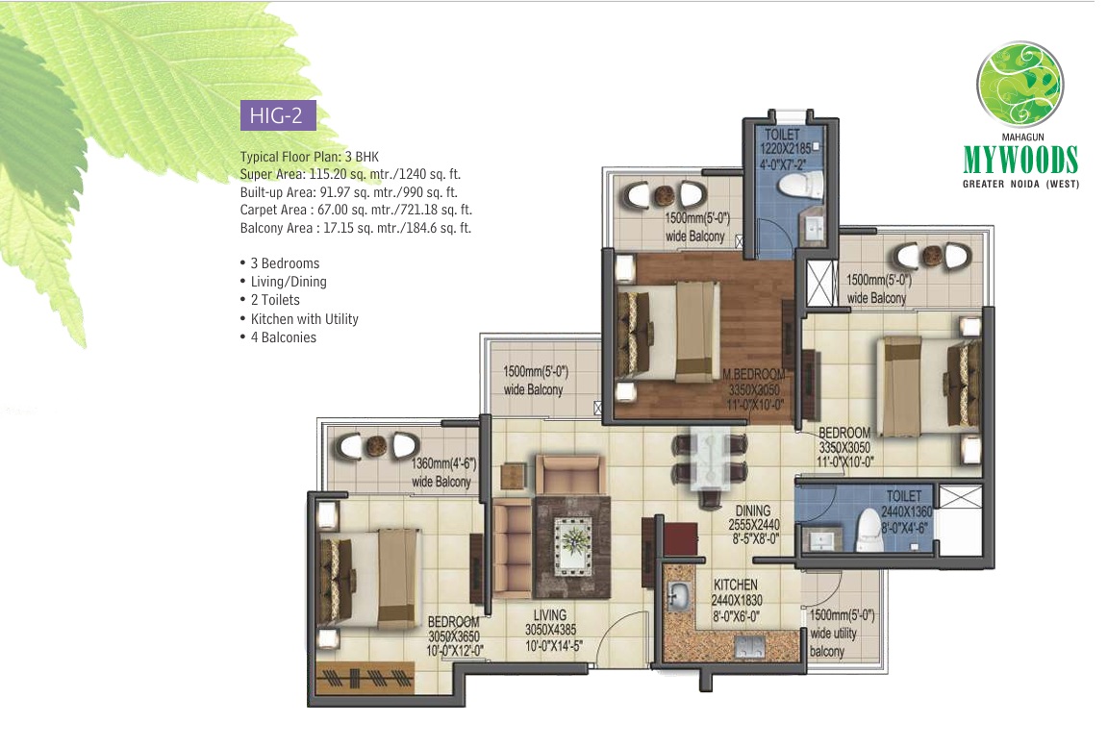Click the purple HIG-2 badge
pyautogui.click(x=278, y=115)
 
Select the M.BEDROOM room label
pyautogui.click(x=754, y=374)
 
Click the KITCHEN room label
pyautogui.click(x=735, y=585)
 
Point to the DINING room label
pyautogui.click(x=752, y=511)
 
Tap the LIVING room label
pyautogui.click(x=550, y=615)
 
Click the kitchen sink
pyautogui.click(x=679, y=596)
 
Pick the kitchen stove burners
pyautogui.click(x=750, y=645)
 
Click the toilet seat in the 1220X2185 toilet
pyautogui.click(x=800, y=185)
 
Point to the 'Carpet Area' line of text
pyautogui.click(x=356, y=210)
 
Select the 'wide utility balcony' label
pyautogui.click(x=834, y=642)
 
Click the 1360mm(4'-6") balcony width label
pyautogui.click(x=443, y=463)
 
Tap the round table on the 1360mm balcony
pyautogui.click(x=376, y=445)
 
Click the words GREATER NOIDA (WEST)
pyautogui.click(x=1020, y=184)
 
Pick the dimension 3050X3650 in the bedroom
pyautogui.click(x=454, y=636)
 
